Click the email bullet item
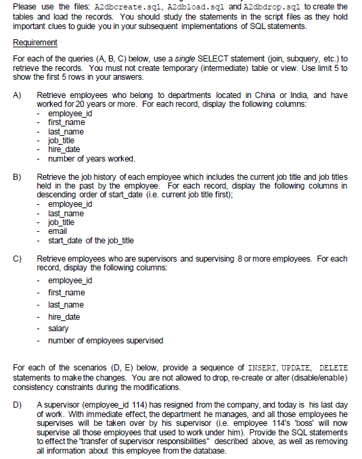point(58,231)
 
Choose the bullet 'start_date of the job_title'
point(91,240)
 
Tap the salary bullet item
point(58,329)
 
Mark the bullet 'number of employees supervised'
point(106,340)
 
